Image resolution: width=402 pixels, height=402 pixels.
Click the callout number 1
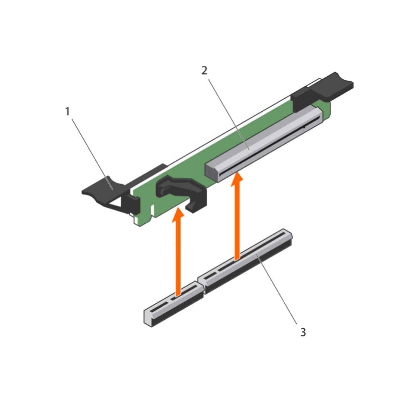pyautogui.click(x=67, y=111)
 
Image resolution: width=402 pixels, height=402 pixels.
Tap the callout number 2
pyautogui.click(x=204, y=70)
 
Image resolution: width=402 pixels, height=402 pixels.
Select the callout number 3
pyautogui.click(x=303, y=332)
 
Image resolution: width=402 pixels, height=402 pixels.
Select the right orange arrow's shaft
pyautogui.click(x=236, y=223)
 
